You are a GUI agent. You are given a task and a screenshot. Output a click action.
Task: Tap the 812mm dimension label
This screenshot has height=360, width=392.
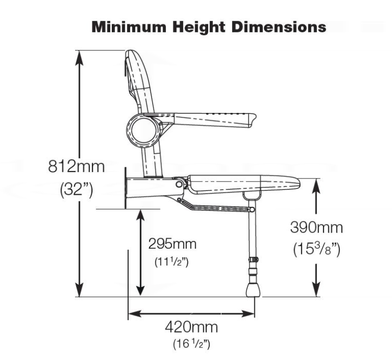click(x=77, y=167)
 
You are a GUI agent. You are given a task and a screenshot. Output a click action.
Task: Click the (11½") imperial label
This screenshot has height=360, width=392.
click(x=171, y=262)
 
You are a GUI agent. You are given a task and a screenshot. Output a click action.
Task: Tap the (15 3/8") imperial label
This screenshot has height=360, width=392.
click(x=316, y=248)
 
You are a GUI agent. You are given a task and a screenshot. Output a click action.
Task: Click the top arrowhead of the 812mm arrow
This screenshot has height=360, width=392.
click(x=78, y=56)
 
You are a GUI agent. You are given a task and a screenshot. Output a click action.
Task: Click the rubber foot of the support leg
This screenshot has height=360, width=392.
click(x=253, y=289)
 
